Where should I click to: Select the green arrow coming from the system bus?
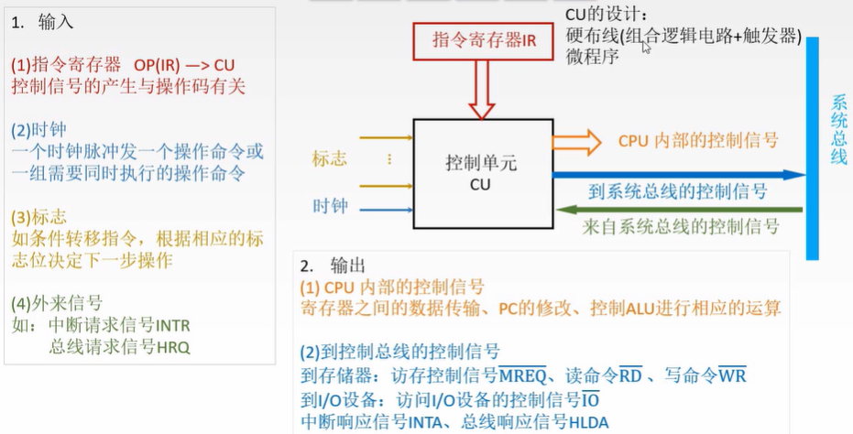(678, 210)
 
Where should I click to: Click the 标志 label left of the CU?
(330, 158)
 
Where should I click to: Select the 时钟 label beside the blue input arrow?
(330, 207)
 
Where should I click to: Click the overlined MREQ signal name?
(523, 376)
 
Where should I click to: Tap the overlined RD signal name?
(630, 376)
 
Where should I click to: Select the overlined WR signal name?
(732, 376)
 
